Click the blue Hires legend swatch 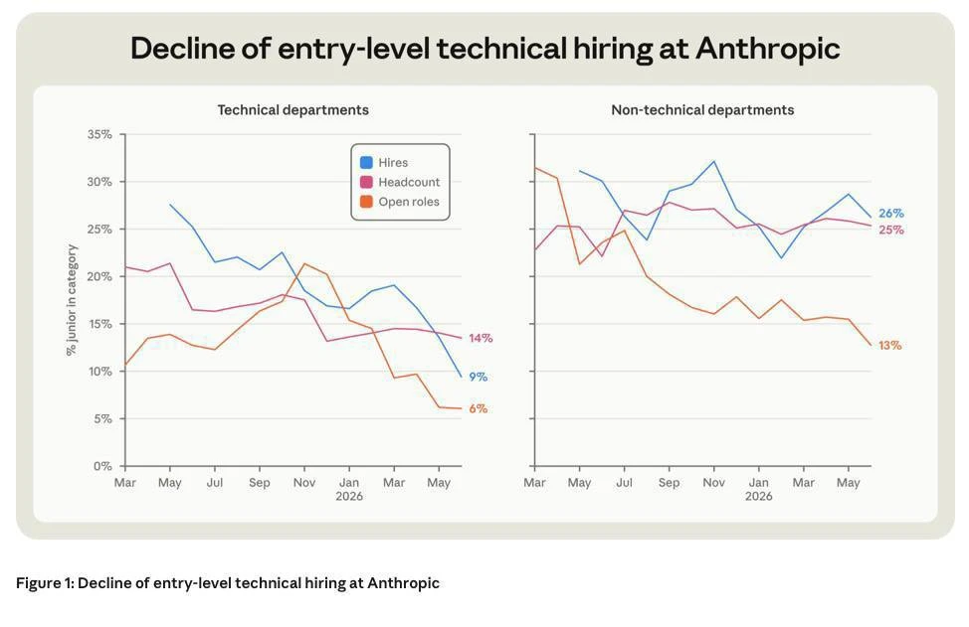366,162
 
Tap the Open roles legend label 409,202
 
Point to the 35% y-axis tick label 99,134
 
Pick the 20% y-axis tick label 99,276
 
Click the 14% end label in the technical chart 481,338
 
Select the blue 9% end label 479,377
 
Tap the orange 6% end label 479,408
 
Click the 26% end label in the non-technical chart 891,213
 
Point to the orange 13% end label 889,346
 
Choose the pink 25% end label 891,230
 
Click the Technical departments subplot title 292,110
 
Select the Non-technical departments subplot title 702,110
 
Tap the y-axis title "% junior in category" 72,300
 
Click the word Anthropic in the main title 767,49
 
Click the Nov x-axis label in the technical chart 304,483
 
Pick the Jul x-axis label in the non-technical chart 624,483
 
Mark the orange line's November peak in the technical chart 304,263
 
